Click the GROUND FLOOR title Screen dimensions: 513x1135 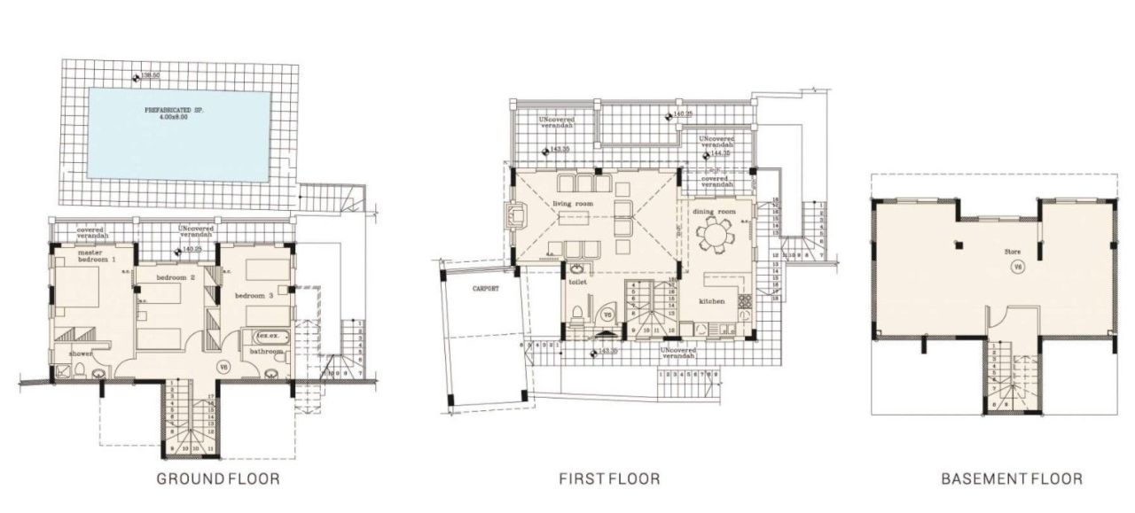pos(218,479)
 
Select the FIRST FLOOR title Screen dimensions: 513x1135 pos(609,479)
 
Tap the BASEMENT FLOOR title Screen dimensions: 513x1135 pos(1011,479)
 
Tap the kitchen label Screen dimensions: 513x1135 pos(711,301)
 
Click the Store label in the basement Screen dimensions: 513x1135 pos(1012,252)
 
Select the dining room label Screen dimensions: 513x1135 pos(714,212)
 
